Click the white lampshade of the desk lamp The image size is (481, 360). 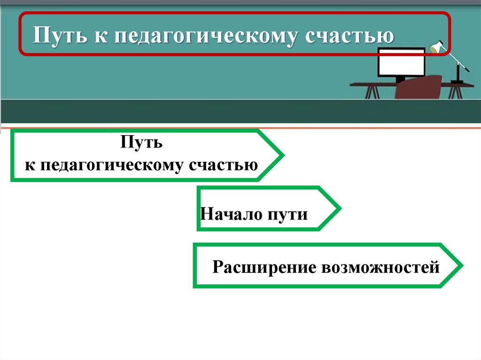click(x=436, y=47)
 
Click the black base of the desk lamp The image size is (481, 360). click(x=457, y=82)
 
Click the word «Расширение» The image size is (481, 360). click(x=264, y=268)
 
